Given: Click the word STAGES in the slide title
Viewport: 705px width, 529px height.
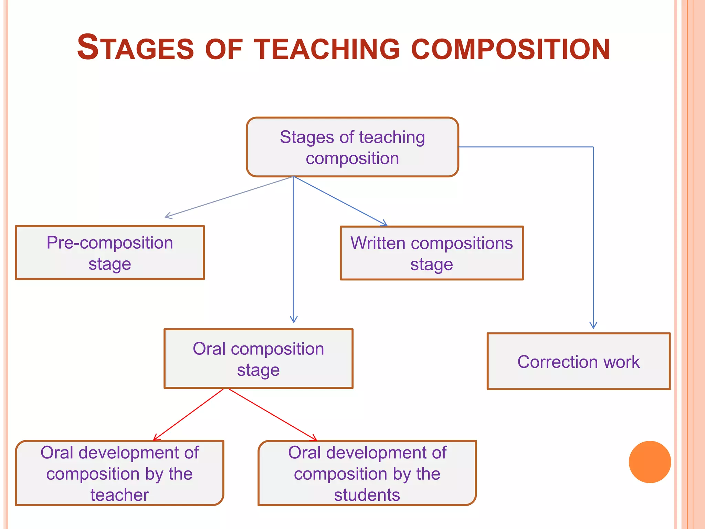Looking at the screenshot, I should (136, 48).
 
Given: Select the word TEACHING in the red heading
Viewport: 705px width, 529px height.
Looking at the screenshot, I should (327, 49).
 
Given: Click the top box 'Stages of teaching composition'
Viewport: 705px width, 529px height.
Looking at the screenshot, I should (352, 147).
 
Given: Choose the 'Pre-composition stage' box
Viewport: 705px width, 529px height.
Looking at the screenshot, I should (110, 253).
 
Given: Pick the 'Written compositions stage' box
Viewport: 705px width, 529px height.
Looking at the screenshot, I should (432, 253).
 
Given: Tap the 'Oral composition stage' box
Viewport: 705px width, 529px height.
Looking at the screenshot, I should (258, 359).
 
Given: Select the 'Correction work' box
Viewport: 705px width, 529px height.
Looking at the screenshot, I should (578, 362).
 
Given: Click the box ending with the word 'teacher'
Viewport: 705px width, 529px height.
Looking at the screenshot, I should (119, 473).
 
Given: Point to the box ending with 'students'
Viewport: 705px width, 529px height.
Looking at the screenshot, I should (367, 473).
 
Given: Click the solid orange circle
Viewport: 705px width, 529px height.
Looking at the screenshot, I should (650, 462).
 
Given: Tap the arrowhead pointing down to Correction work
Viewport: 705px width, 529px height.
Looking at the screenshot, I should (593, 325).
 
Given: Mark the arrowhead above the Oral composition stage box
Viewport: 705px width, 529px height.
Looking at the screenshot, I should (294, 319).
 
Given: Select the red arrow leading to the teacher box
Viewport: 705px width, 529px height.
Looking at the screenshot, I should (189, 415).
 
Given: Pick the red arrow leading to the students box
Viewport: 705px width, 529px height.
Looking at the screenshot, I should (272, 415).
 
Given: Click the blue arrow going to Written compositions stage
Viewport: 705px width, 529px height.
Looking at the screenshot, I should (341, 201).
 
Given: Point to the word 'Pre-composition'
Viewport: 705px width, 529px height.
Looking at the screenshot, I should (110, 243).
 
